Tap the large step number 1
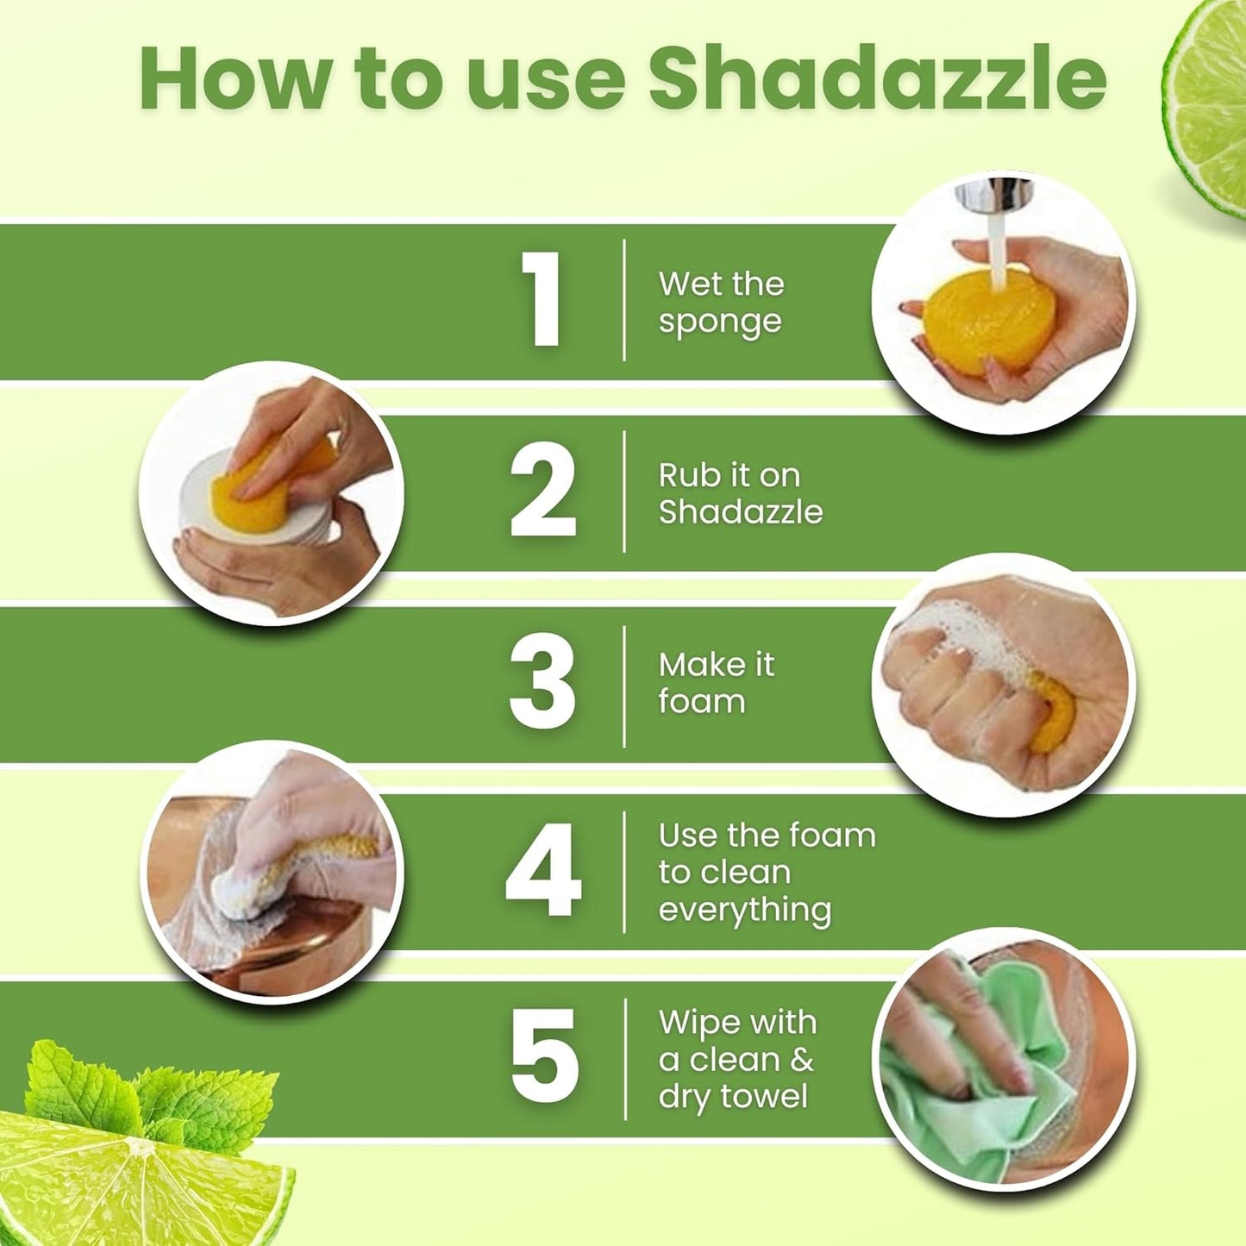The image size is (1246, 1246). pos(543,300)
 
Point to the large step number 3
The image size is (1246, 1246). pos(542,681)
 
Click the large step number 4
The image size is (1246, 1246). pos(543,871)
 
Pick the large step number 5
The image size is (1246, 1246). pos(543,1056)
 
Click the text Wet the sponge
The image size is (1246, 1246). pos(721,302)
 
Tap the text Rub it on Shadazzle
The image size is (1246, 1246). pos(740,493)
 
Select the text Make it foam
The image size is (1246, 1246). pos(716,683)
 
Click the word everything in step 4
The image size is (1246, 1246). pos(745,911)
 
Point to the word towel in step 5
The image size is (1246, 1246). pos(764,1096)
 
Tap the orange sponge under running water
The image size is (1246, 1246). pos(974,319)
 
